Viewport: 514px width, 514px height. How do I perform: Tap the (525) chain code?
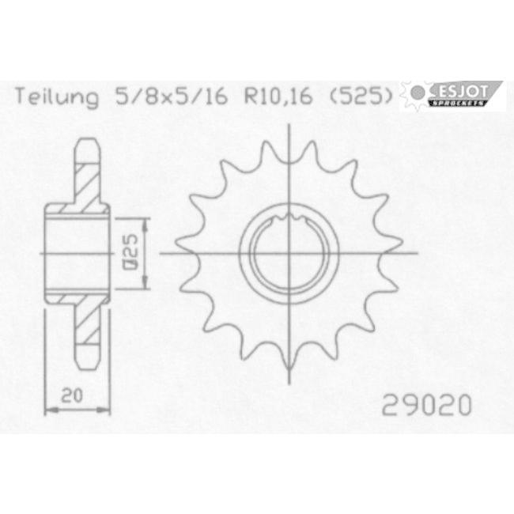pyautogui.click(x=360, y=98)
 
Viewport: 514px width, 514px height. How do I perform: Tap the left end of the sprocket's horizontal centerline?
pyautogui.click(x=161, y=253)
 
